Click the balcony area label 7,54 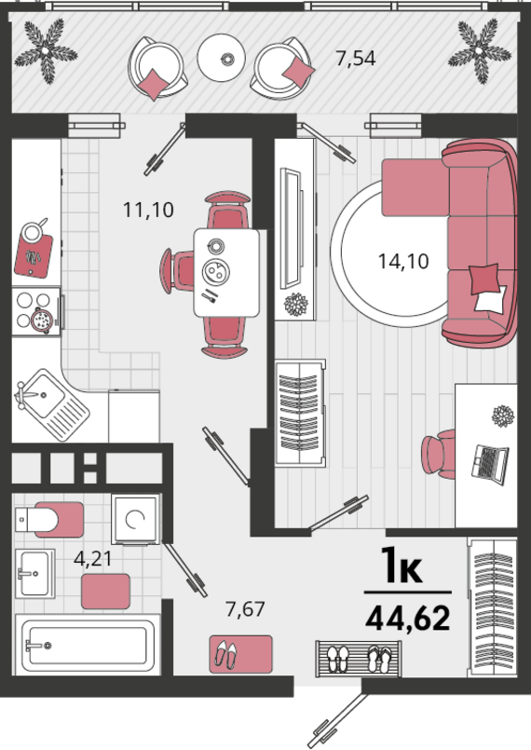click(x=356, y=59)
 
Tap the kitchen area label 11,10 click(x=148, y=210)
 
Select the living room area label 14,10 click(x=403, y=261)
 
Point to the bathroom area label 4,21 click(x=92, y=558)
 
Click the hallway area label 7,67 click(x=245, y=609)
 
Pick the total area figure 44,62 click(x=408, y=618)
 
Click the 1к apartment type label click(x=402, y=566)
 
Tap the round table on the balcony click(x=222, y=58)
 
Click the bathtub click(x=88, y=645)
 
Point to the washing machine click(x=136, y=520)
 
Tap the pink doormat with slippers click(x=240, y=654)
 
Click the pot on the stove click(x=41, y=320)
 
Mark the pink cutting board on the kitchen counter click(x=34, y=255)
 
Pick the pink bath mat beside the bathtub click(x=105, y=592)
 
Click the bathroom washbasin click(x=34, y=573)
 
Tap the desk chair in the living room click(x=439, y=452)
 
